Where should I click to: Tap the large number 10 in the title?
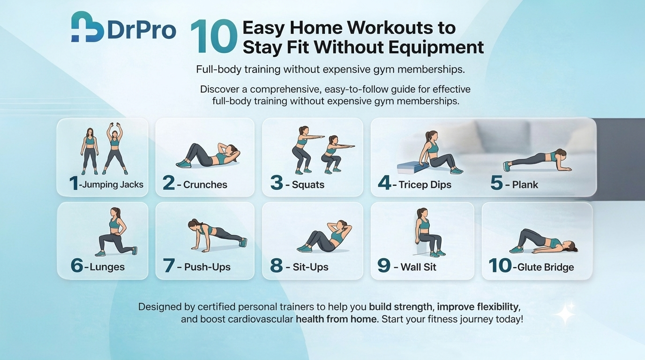pos(213,37)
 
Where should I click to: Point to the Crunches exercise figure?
pos(208,156)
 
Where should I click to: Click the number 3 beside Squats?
pos(277,183)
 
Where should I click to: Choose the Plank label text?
pos(525,185)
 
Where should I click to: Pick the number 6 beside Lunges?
pos(77,266)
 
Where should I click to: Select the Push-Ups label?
pos(208,267)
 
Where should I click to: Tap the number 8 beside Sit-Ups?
pos(277,266)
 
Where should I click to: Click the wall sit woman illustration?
pos(427,233)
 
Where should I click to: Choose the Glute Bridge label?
pos(546,268)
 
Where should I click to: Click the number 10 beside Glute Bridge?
pos(500,266)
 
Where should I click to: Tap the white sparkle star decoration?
pos(565,313)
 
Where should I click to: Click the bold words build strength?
pos(401,307)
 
